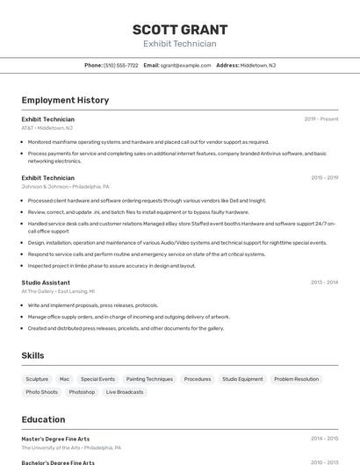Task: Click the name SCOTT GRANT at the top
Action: click(x=179, y=29)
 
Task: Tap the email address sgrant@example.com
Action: click(x=185, y=65)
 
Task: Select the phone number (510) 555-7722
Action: click(x=120, y=65)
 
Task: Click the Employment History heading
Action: click(x=65, y=100)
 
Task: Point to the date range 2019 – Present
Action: click(x=320, y=118)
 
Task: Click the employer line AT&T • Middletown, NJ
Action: click(x=47, y=127)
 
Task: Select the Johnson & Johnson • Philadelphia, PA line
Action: click(x=65, y=186)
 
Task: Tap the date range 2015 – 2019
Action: click(x=324, y=177)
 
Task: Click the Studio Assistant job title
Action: click(x=46, y=283)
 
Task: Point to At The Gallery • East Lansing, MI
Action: click(x=58, y=290)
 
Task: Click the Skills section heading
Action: click(x=33, y=355)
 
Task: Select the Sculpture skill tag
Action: click(x=37, y=379)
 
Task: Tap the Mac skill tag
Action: click(x=64, y=379)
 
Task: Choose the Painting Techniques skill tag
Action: click(x=149, y=379)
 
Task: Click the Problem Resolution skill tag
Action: click(x=296, y=379)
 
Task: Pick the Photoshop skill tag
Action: click(x=82, y=392)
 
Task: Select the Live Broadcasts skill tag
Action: click(x=125, y=392)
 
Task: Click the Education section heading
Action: click(x=43, y=419)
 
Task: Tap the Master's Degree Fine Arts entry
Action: click(x=55, y=439)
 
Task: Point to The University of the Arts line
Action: click(x=71, y=447)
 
